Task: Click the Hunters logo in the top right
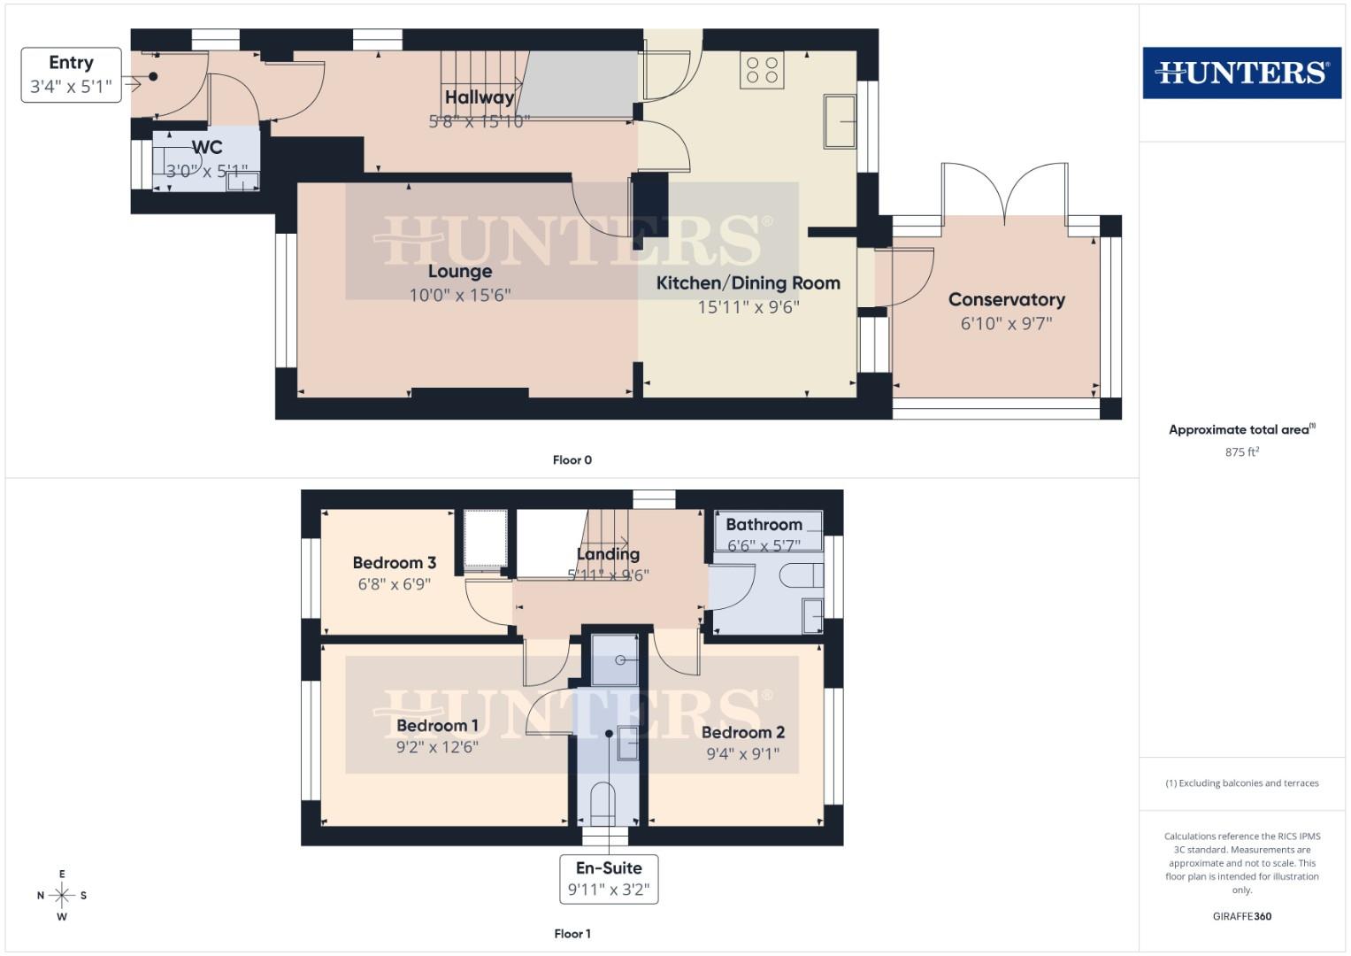[1241, 73]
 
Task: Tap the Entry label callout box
[71, 74]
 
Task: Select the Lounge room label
[459, 272]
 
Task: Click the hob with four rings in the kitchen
[762, 70]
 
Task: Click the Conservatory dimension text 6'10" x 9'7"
[1006, 324]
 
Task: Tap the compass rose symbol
[62, 895]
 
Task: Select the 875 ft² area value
[1241, 452]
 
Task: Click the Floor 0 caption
[572, 460]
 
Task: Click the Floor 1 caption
[572, 934]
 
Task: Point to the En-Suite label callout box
[609, 878]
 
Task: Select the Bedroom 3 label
[394, 563]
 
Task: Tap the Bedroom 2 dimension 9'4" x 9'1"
[742, 754]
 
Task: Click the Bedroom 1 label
[437, 726]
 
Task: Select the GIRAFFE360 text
[1241, 916]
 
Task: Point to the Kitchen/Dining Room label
[748, 283]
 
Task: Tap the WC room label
[207, 148]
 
